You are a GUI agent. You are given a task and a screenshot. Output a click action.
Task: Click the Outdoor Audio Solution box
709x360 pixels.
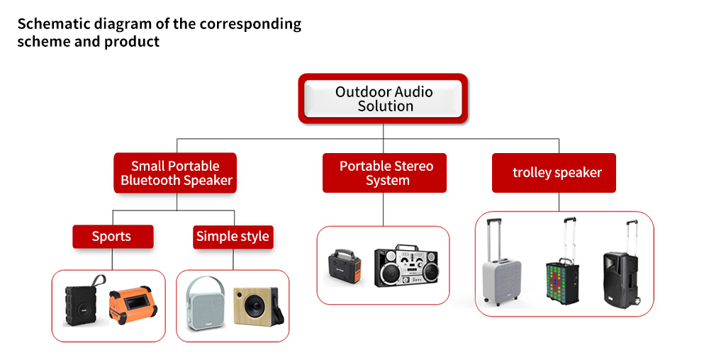[x=383, y=99]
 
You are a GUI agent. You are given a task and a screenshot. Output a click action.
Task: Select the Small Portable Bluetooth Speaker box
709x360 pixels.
[x=175, y=173]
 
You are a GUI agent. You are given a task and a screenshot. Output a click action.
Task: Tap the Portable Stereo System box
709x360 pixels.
[x=384, y=173]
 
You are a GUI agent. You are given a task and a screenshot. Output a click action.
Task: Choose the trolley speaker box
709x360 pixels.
[x=554, y=173]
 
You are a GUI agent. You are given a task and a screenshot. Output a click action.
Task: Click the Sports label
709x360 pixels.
[x=113, y=237]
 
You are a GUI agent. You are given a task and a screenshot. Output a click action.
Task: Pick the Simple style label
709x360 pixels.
[x=233, y=237]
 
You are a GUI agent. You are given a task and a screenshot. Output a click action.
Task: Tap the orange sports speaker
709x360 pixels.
[x=133, y=305]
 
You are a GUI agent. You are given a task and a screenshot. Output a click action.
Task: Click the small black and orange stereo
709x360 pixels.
[x=345, y=268]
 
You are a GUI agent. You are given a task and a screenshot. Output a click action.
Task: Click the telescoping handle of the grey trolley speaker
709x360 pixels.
[x=494, y=240]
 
